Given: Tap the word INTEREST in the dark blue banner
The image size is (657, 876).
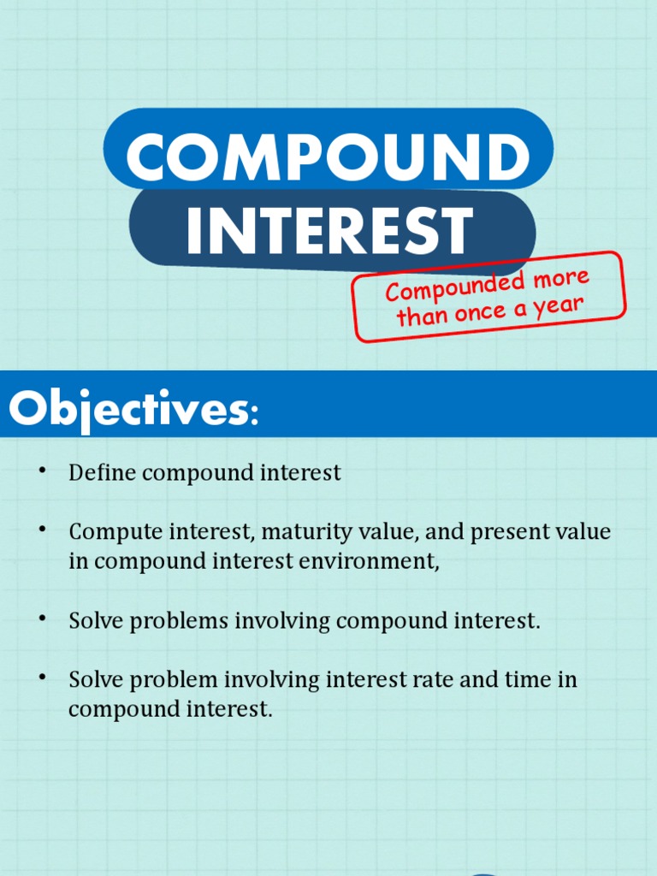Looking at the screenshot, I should click(329, 230).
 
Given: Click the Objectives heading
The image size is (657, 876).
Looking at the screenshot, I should click(127, 409).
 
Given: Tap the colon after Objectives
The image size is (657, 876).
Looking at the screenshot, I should click(252, 415).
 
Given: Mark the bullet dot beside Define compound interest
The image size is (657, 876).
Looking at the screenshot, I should click(42, 471).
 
